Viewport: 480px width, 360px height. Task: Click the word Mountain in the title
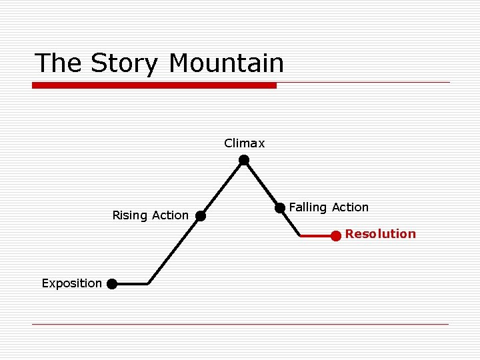pos(226,63)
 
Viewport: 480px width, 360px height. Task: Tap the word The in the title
pos(59,63)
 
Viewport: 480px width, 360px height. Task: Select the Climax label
pos(244,143)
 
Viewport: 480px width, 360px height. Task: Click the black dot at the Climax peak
pos(244,160)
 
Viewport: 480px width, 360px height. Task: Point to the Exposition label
pos(71,283)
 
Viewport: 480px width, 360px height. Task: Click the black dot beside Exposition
pos(112,284)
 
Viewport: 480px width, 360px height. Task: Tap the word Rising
pos(130,215)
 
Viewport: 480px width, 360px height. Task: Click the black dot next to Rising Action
pos(200,216)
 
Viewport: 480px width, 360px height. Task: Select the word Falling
pos(307,207)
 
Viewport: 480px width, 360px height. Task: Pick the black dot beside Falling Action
pos(280,208)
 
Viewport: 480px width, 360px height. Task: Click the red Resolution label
pos(380,234)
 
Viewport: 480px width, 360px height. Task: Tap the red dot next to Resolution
pos(336,235)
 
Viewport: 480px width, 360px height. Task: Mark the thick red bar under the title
pos(154,85)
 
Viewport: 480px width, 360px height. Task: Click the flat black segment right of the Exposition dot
pos(131,284)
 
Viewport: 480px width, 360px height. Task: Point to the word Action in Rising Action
pos(170,215)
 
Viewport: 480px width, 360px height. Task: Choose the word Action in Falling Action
pos(350,207)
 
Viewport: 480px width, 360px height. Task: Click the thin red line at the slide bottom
pos(240,324)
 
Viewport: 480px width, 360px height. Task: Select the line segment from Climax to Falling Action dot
pos(262,184)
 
